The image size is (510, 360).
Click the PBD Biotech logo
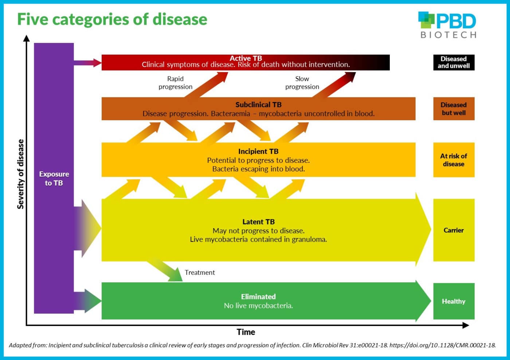(447, 25)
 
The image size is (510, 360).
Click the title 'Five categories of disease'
(112, 19)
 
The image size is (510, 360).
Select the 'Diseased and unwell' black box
(454, 62)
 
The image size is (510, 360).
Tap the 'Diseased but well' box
(454, 109)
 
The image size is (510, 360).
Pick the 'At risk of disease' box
(454, 160)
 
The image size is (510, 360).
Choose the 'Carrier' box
(454, 230)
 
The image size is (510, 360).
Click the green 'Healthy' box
(454, 301)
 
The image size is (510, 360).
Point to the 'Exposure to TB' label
(54, 178)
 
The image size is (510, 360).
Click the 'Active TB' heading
(246, 58)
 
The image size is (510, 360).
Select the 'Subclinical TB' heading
(258, 105)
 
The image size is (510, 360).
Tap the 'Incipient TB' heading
(258, 151)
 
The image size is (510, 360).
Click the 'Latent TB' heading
(258, 222)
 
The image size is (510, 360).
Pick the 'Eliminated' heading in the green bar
(258, 297)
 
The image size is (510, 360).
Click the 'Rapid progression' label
(175, 83)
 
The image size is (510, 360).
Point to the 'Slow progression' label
(302, 83)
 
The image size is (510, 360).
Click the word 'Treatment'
(200, 272)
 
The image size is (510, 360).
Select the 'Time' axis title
(246, 332)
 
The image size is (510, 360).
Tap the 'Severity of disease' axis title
(20, 174)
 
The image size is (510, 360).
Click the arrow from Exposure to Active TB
(87, 63)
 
